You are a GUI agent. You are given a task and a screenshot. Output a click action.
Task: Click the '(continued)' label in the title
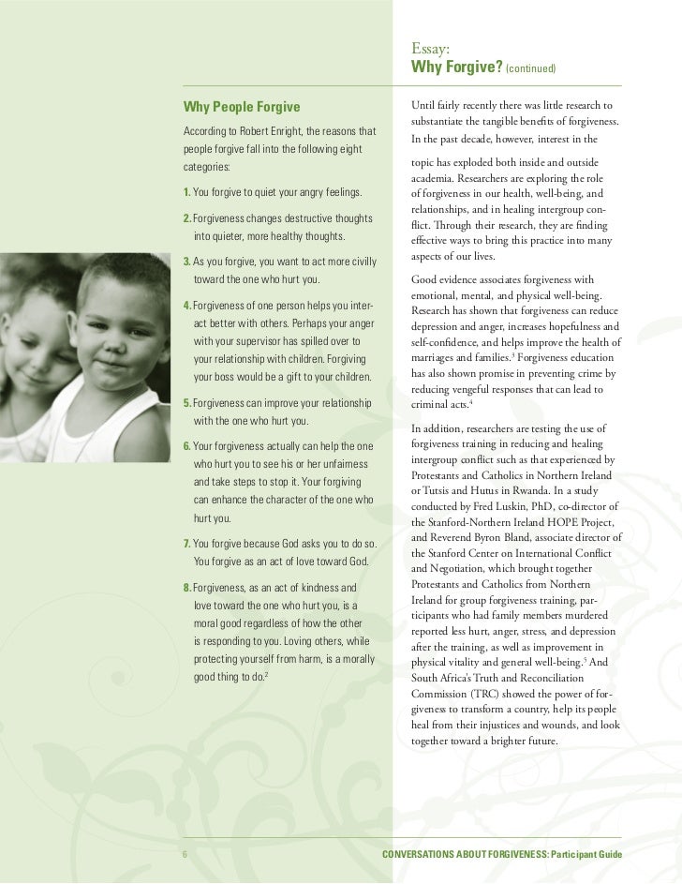[531, 70]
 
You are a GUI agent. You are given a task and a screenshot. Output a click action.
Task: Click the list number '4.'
[187, 307]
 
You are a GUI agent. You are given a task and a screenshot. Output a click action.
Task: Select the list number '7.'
[186, 544]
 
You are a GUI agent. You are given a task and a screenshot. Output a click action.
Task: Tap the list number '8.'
[186, 588]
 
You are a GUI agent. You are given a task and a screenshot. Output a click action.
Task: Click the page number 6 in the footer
[185, 855]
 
